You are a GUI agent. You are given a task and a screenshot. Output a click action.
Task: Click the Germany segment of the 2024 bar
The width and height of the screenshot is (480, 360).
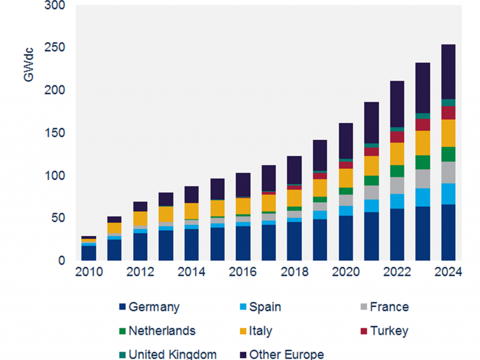pyautogui.click(x=448, y=232)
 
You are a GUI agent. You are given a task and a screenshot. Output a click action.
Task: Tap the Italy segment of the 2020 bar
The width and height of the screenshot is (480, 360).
pyautogui.click(x=346, y=178)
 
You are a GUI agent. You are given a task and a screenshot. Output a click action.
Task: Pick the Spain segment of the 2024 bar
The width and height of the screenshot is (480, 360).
pyautogui.click(x=448, y=194)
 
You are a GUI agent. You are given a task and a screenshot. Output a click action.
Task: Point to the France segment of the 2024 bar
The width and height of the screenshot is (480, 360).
pyautogui.click(x=448, y=172)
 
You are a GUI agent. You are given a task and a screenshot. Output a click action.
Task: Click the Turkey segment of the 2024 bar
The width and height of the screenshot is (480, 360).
pyautogui.click(x=448, y=113)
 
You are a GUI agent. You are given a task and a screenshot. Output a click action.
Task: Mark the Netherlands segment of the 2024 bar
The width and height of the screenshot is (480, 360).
pyautogui.click(x=448, y=154)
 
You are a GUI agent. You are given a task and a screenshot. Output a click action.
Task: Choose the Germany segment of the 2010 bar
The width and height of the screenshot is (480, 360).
pyautogui.click(x=89, y=253)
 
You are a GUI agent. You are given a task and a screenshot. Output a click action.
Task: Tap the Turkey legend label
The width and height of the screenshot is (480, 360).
pyautogui.click(x=389, y=331)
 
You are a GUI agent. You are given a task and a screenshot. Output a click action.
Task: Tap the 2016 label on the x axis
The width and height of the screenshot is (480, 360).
pyautogui.click(x=243, y=272)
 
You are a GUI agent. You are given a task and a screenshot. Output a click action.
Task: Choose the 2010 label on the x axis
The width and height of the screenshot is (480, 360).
pyautogui.click(x=89, y=272)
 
